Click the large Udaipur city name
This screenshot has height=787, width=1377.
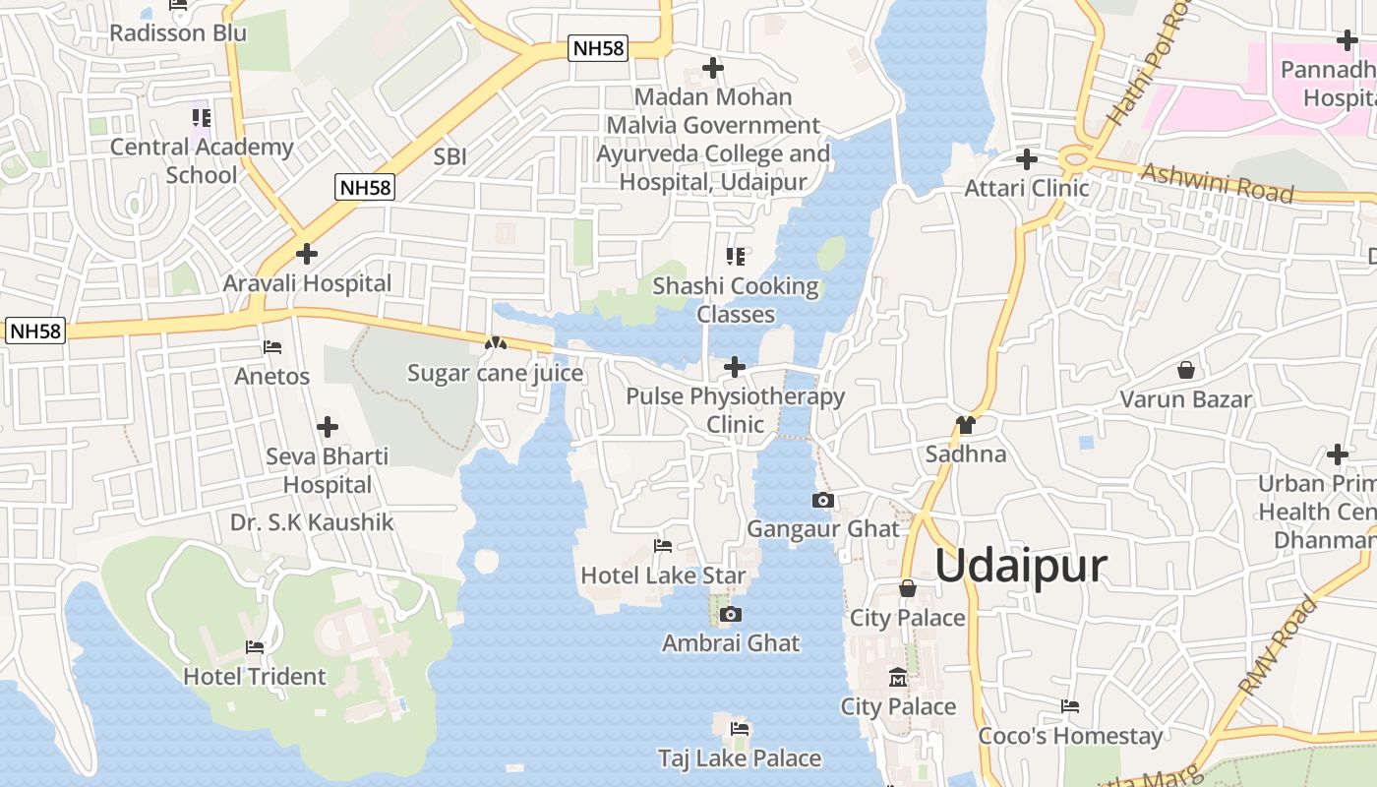(1020, 567)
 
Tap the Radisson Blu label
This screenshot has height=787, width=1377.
(178, 32)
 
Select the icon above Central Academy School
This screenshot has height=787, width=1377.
(202, 119)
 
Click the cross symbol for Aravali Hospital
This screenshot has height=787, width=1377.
(307, 254)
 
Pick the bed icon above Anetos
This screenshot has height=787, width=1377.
(272, 347)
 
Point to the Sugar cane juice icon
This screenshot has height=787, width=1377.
(495, 344)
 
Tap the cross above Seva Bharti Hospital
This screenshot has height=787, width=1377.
(328, 427)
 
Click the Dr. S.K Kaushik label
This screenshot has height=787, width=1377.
(312, 522)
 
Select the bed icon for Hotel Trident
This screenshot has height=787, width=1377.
(255, 647)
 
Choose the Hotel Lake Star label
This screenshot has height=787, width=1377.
(663, 575)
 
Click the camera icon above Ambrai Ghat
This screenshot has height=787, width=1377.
(730, 615)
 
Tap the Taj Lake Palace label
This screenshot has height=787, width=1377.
(740, 758)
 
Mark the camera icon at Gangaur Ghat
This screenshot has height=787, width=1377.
(823, 501)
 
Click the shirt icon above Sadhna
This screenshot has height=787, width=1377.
(966, 425)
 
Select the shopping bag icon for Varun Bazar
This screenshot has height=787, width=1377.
(1186, 371)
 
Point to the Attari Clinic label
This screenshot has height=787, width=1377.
(1027, 188)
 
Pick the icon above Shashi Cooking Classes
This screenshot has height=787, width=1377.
(736, 257)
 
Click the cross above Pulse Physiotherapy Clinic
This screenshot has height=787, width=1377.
(735, 368)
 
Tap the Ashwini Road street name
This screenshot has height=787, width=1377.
(1217, 183)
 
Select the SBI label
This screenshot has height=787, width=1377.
(449, 156)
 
